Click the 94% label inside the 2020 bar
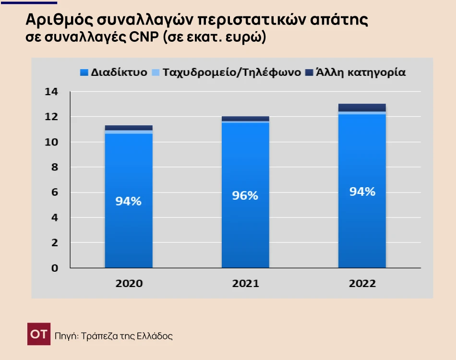tap(128, 202)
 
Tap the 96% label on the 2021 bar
tap(245, 196)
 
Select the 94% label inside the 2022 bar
tap(362, 192)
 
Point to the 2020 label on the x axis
tap(129, 283)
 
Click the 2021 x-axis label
tap(245, 283)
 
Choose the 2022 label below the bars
tap(362, 283)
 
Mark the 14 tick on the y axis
tap(51, 92)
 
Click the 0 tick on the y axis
tap(55, 268)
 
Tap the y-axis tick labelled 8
tap(55, 167)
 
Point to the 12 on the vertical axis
tap(51, 117)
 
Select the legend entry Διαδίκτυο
tap(114, 72)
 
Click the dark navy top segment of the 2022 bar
tap(362, 107)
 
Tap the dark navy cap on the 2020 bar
tap(128, 128)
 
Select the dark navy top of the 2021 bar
tap(245, 119)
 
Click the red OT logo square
tap(38, 335)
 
